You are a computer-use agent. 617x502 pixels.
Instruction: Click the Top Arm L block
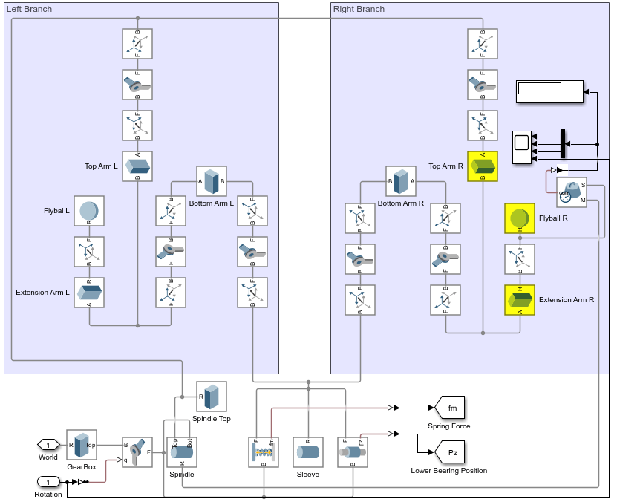[137, 166]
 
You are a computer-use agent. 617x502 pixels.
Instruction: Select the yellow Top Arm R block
[483, 166]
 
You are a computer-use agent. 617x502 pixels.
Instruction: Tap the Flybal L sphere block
[89, 211]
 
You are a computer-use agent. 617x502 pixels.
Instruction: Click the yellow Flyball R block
[519, 218]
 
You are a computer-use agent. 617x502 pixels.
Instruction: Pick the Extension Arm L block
[89, 293]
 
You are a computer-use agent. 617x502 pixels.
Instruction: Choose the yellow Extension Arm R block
[519, 300]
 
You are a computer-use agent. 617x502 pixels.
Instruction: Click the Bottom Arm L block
[212, 181]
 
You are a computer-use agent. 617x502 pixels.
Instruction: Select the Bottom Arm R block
[401, 181]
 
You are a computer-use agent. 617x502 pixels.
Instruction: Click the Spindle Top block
[212, 397]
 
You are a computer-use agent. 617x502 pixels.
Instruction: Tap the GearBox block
[82, 445]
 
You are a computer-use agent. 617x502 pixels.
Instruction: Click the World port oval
[48, 445]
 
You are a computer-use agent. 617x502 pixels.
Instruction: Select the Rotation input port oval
[48, 481]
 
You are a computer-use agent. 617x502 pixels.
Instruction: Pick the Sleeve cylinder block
[308, 452]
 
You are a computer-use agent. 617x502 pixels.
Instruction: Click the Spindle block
[181, 452]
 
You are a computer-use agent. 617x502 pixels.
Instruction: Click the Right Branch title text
[359, 9]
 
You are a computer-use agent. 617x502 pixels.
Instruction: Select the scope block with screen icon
[522, 146]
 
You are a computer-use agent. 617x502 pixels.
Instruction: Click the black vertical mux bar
[562, 144]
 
